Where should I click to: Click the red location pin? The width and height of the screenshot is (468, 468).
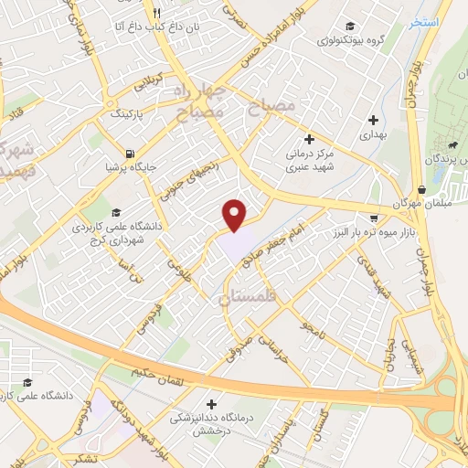235,214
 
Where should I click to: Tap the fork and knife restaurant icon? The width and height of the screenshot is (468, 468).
156,13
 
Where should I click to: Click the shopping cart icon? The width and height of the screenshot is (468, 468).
373,218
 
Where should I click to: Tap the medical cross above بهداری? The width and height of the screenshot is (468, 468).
373,120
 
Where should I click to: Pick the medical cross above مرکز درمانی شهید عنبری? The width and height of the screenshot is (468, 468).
309,140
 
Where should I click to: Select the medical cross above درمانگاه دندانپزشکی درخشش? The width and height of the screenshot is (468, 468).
212,403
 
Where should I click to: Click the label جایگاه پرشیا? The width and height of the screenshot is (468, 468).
124,168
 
